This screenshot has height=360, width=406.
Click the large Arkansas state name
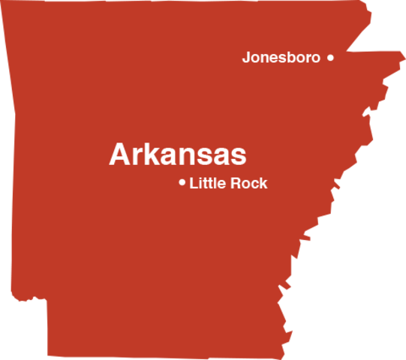coord(177,154)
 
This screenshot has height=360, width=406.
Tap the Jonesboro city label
coord(281,57)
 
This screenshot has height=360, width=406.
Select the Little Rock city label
coord(228,183)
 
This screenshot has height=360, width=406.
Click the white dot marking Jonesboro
coord(330,57)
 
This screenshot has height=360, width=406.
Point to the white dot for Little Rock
coord(182,182)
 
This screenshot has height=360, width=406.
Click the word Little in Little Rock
coord(207,183)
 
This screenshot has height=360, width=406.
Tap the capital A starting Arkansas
coord(119,154)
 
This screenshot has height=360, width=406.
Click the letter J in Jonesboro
coord(246,57)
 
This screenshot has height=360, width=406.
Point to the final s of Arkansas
coord(238,157)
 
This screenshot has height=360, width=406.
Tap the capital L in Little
coord(194,183)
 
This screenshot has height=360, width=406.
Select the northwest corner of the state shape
coord(2,2)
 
